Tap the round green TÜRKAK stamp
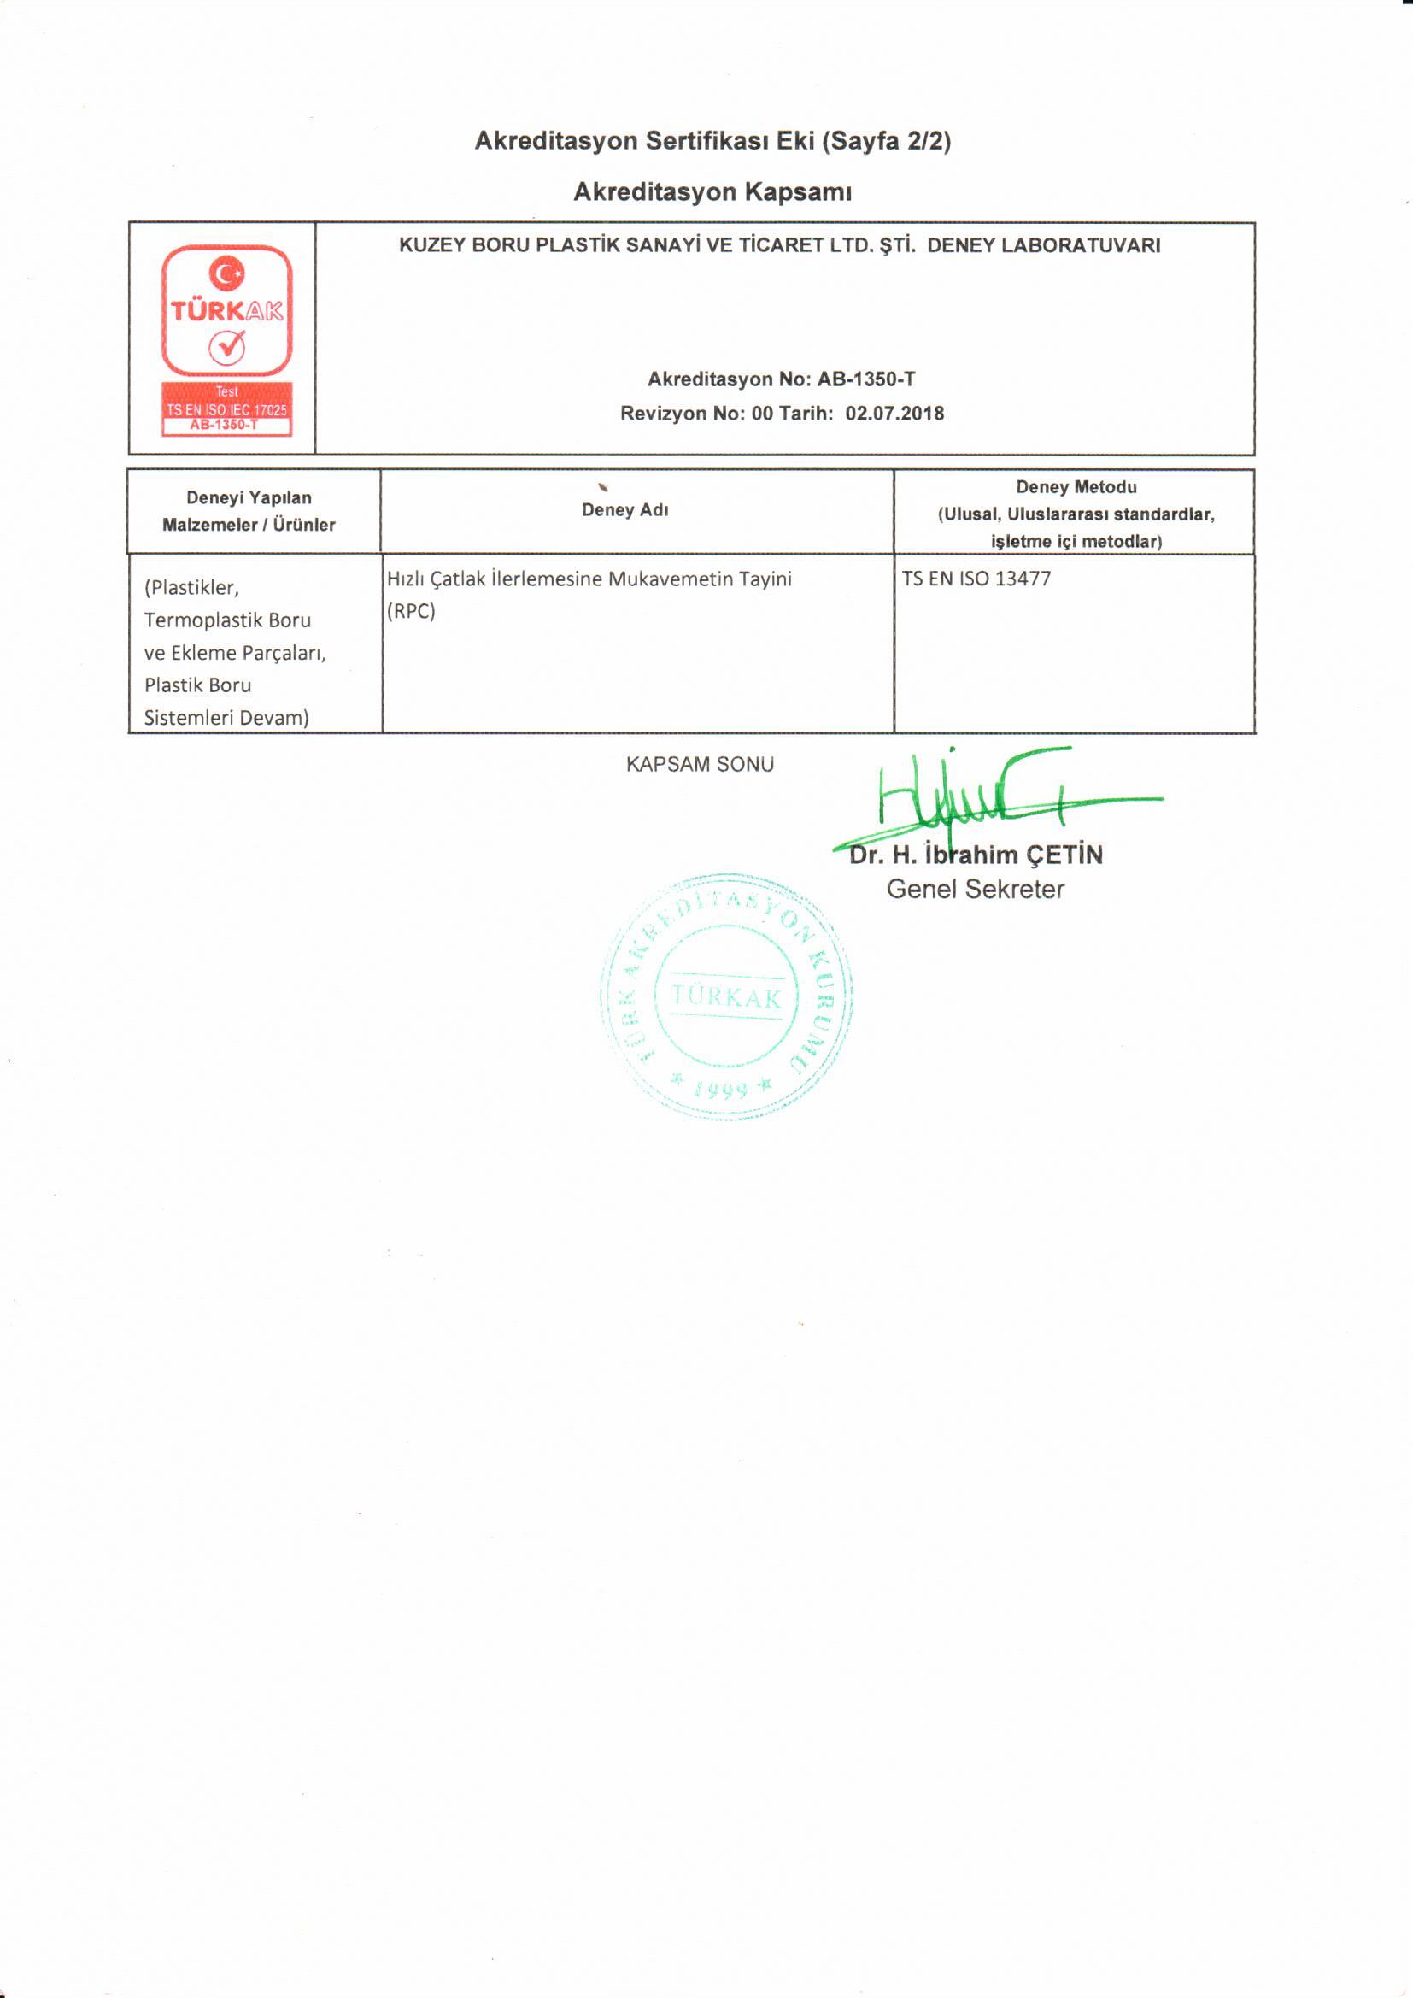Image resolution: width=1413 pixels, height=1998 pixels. click(x=726, y=996)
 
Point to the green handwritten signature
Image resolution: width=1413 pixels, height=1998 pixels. click(x=1000, y=796)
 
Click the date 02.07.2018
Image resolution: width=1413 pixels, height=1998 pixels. click(x=894, y=414)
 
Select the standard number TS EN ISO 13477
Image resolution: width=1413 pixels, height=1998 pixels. click(x=976, y=579)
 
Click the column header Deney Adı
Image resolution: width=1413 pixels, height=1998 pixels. click(x=624, y=510)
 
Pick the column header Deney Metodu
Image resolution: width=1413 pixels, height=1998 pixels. click(x=1076, y=487)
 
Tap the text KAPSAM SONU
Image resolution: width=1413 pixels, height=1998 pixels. click(x=700, y=764)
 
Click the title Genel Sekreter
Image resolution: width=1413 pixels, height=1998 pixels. click(x=975, y=890)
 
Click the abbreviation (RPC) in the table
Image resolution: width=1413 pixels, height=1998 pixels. click(x=411, y=611)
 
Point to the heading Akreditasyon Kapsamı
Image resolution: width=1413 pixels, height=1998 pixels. click(x=712, y=191)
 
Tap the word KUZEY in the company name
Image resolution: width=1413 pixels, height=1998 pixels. click(x=432, y=245)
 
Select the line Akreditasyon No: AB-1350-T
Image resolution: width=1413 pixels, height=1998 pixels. click(x=781, y=379)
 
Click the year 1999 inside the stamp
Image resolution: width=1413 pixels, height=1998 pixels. click(x=721, y=1089)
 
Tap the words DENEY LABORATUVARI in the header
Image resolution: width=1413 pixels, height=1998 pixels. click(x=1043, y=245)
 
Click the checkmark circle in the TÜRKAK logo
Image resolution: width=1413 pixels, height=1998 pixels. click(x=226, y=348)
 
